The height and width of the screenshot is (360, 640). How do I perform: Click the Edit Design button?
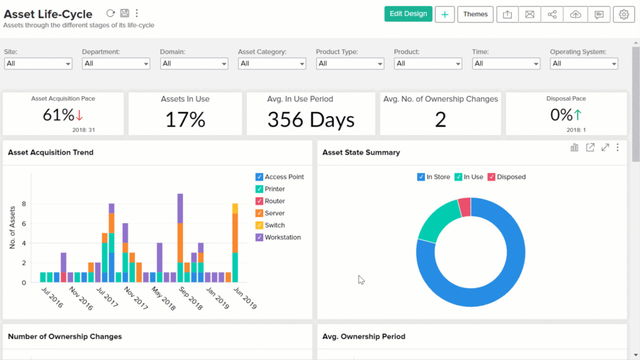click(x=408, y=14)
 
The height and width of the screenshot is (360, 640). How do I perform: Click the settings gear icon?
click(x=623, y=14)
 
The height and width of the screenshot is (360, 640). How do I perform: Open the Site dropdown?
click(x=38, y=63)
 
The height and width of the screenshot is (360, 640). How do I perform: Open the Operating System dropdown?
click(x=584, y=63)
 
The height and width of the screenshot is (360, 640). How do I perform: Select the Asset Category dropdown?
click(x=272, y=63)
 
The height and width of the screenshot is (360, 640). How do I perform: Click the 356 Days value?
click(x=311, y=120)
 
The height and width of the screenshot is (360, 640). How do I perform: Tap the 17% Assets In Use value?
click(x=185, y=120)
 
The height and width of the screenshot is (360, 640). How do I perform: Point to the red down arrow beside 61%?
click(x=79, y=116)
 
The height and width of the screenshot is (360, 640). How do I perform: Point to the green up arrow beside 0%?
click(x=577, y=115)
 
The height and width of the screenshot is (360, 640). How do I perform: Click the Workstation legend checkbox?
click(x=259, y=237)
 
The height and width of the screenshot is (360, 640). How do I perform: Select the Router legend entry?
click(x=274, y=201)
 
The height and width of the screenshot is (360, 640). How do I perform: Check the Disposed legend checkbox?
click(x=491, y=177)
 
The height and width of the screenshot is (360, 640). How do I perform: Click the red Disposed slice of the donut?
click(x=464, y=207)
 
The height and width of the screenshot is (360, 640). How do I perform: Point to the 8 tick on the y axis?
click(x=24, y=204)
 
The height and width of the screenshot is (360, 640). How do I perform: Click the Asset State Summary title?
click(x=361, y=152)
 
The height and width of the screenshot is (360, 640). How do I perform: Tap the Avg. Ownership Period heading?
click(x=363, y=336)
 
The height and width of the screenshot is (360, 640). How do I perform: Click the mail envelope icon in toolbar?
click(x=529, y=14)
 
